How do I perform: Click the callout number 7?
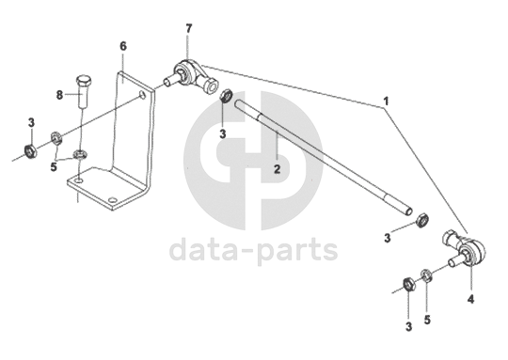pyautogui.click(x=188, y=28)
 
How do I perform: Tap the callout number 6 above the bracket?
pyautogui.click(x=123, y=46)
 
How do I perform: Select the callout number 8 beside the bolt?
pyautogui.click(x=59, y=95)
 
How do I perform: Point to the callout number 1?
pyautogui.click(x=386, y=102)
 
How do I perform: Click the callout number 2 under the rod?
pyautogui.click(x=277, y=169)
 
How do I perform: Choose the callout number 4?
pyautogui.click(x=470, y=299)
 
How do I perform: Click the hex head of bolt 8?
pyautogui.click(x=84, y=79)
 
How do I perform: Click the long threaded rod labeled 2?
pyautogui.click(x=323, y=157)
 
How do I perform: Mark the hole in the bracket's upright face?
pyautogui.click(x=142, y=94)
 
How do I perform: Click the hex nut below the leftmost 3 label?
pyautogui.click(x=31, y=151)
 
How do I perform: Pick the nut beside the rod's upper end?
pyautogui.click(x=226, y=96)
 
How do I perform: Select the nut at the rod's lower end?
pyautogui.click(x=422, y=220)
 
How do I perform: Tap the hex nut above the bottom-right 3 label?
pyautogui.click(x=408, y=284)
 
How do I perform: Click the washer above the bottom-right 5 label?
pyautogui.click(x=426, y=274)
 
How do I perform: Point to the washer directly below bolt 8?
pyautogui.click(x=79, y=154)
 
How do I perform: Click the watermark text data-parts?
pyautogui.click(x=253, y=250)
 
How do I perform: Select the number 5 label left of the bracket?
pyautogui.click(x=54, y=167)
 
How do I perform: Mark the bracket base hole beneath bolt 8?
pyautogui.click(x=78, y=179)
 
